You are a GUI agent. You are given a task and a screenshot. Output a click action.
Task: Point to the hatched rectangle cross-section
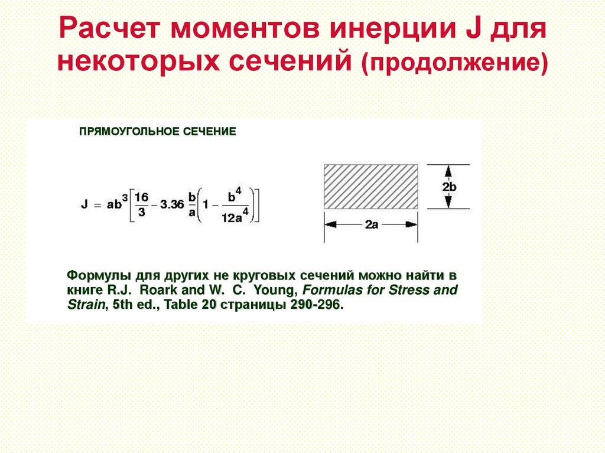[x=371, y=185]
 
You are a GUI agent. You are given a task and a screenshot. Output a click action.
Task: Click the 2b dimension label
[x=448, y=187]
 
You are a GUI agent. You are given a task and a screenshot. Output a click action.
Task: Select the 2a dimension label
[x=371, y=225]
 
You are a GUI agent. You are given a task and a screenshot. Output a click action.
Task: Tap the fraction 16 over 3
[x=141, y=204]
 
